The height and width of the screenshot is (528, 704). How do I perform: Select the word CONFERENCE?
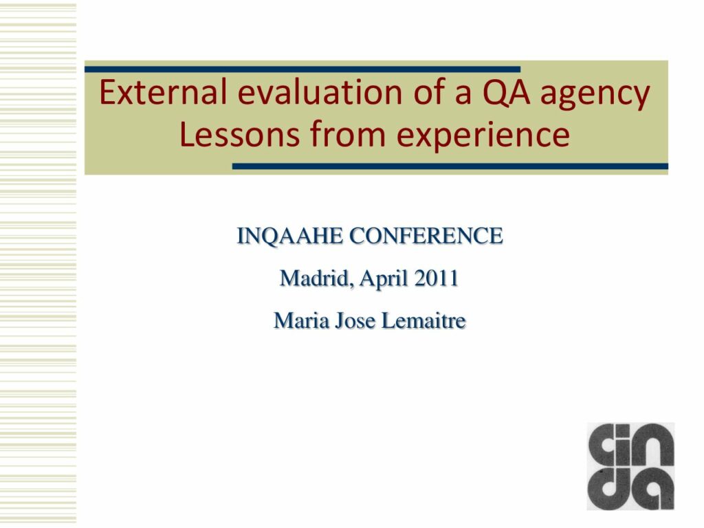[426, 236]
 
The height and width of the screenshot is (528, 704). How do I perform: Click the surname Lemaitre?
[423, 320]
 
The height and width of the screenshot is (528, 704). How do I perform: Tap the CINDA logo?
[630, 466]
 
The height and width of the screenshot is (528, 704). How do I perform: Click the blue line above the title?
[302, 69]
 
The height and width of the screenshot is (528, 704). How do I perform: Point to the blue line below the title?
[450, 166]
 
